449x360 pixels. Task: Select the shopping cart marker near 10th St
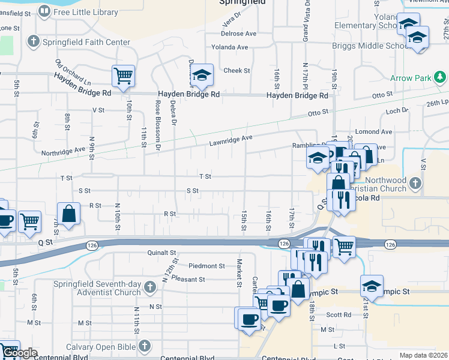pos(123,77)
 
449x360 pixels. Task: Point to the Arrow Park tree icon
pos(441,77)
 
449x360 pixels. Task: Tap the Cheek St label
pos(237,71)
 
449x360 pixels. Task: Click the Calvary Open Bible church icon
pos(144,346)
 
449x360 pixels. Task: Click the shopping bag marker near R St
pos(69,215)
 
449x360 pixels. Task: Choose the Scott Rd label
pos(339,314)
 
